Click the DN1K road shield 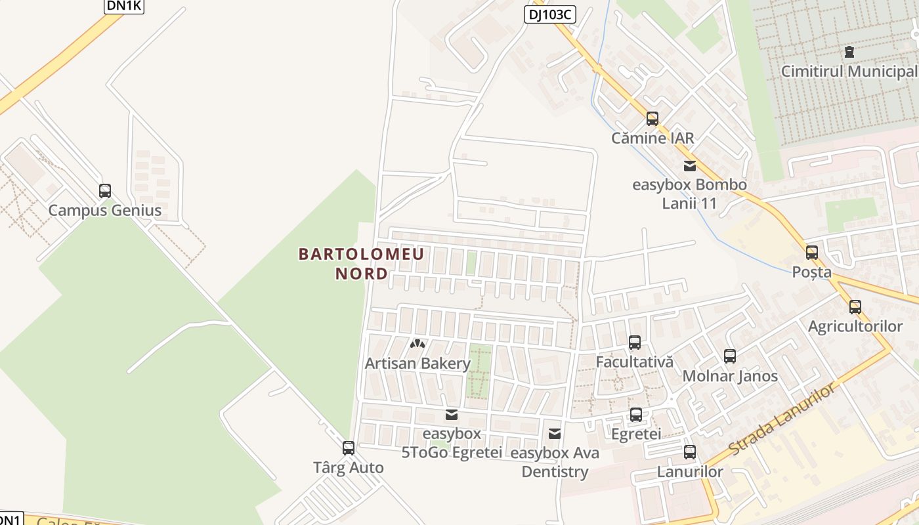[x=123, y=6]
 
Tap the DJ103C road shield [x=549, y=14]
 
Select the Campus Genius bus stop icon [x=105, y=191]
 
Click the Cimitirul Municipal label [x=848, y=71]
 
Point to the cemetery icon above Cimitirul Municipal [x=849, y=52]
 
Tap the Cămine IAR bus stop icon [x=652, y=119]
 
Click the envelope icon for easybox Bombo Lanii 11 [x=689, y=166]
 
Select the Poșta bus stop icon [x=812, y=253]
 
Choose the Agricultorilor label [x=855, y=326]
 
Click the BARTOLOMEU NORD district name [x=362, y=263]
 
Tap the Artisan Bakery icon [x=417, y=344]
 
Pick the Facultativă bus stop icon [x=635, y=343]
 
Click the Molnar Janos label [x=730, y=376]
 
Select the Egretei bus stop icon [x=635, y=415]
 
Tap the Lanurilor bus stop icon [x=689, y=452]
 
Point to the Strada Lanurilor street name [x=782, y=420]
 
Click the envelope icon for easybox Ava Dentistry [x=555, y=434]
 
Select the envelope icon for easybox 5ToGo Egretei [x=452, y=415]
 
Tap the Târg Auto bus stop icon [x=349, y=448]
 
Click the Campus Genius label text [x=105, y=211]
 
